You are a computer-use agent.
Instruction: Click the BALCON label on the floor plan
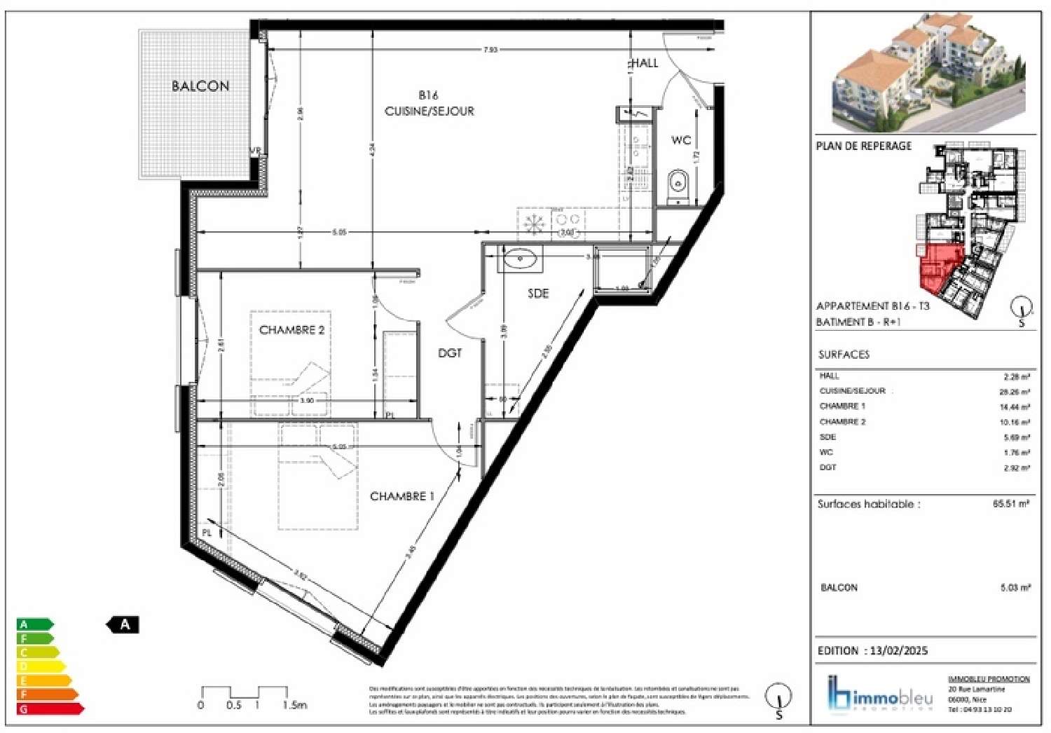pyautogui.click(x=200, y=86)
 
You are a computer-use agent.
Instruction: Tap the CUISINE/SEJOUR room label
pyautogui.click(x=429, y=111)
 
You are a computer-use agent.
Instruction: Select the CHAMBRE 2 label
pyautogui.click(x=291, y=330)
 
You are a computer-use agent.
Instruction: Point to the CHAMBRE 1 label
pyautogui.click(x=401, y=496)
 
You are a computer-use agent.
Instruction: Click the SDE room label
pyautogui.click(x=538, y=294)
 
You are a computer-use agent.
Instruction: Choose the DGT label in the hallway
pyautogui.click(x=450, y=353)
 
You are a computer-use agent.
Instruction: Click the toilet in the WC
pyautogui.click(x=678, y=185)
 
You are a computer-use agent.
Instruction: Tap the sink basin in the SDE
pyautogui.click(x=520, y=259)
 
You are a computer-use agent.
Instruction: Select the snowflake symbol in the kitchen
pyautogui.click(x=535, y=224)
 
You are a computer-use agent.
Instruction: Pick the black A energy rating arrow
pyautogui.click(x=123, y=624)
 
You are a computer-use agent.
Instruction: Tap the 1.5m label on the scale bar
pyautogui.click(x=294, y=705)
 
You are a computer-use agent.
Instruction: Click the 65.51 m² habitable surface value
pyautogui.click(x=1010, y=503)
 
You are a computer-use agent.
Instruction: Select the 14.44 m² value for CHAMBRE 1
pyautogui.click(x=1014, y=406)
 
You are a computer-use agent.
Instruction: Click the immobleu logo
pyautogui.click(x=880, y=694)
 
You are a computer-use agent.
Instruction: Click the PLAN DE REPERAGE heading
pyautogui.click(x=863, y=146)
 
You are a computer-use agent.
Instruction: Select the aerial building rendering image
pyautogui.click(x=927, y=74)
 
